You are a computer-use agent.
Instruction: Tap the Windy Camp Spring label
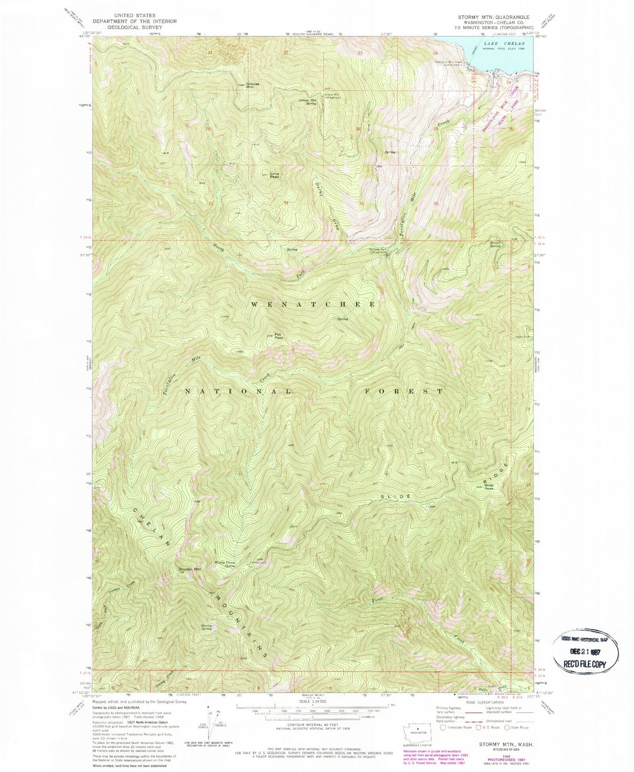click(225, 564)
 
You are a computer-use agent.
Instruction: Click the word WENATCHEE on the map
click(312, 304)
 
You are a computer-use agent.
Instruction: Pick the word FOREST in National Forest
click(404, 391)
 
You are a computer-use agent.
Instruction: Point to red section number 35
click(361, 204)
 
